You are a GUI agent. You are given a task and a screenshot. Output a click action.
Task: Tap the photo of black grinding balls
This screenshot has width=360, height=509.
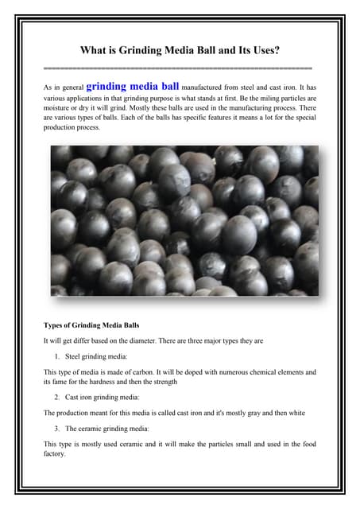184,220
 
